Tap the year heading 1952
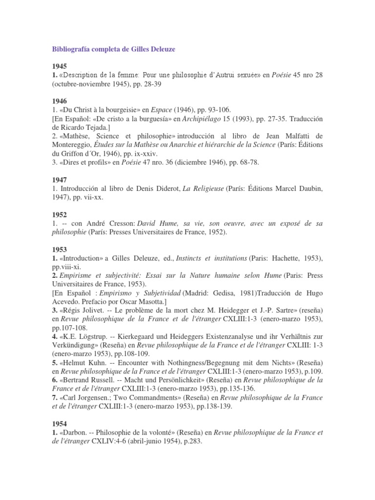[x=60, y=213]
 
